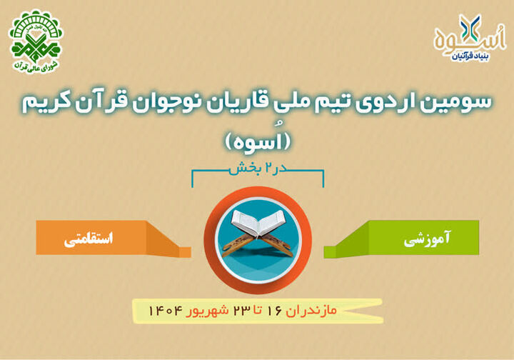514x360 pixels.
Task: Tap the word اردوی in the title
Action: click(395, 101)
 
